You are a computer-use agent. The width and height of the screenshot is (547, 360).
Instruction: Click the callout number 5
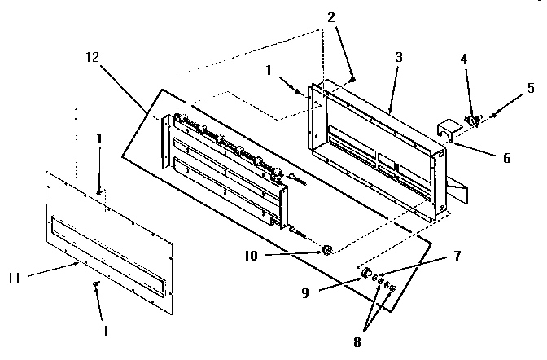(529, 88)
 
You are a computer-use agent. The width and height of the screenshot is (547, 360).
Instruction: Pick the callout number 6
(506, 157)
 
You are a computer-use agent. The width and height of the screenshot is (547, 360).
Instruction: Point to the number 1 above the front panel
(98, 139)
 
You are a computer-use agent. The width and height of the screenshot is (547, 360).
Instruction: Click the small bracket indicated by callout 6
(447, 130)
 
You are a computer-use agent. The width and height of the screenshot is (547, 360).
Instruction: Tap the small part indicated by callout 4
(470, 121)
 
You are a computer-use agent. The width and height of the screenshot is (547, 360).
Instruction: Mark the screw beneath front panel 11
(95, 284)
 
